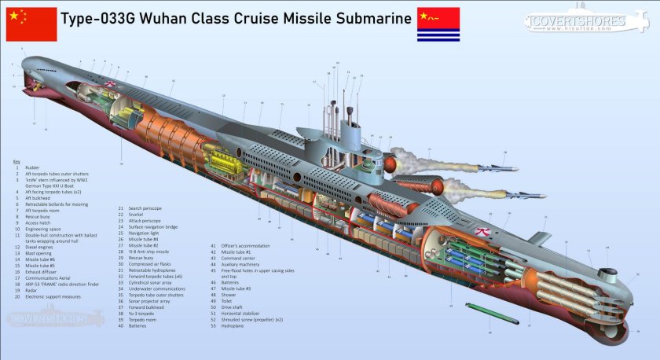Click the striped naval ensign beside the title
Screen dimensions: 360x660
(x=438, y=24)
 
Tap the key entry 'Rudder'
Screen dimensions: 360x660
(x=33, y=167)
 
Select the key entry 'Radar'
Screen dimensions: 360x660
(x=31, y=290)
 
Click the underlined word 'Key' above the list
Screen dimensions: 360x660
(x=16, y=162)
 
